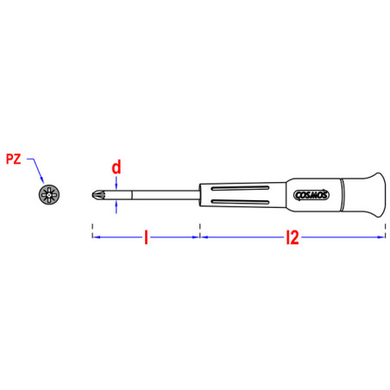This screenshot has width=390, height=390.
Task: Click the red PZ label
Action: [13, 158]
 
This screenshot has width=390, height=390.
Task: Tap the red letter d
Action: [116, 166]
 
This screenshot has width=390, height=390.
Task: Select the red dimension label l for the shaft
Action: [146, 237]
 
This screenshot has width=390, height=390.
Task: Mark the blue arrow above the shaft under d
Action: [116, 183]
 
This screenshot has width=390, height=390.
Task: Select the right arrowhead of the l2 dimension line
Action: [379, 237]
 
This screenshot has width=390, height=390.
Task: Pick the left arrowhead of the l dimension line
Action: [96, 237]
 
